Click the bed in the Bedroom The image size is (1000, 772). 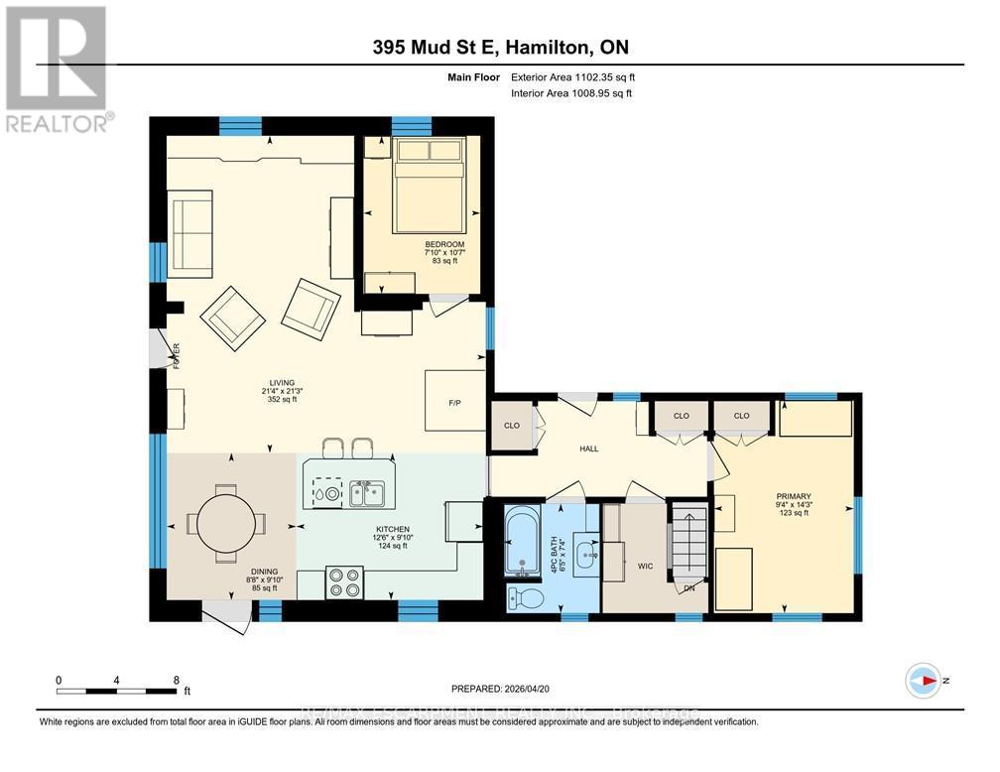click(429, 183)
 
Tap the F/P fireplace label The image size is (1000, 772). click(455, 404)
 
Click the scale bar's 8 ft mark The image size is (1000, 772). click(177, 681)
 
